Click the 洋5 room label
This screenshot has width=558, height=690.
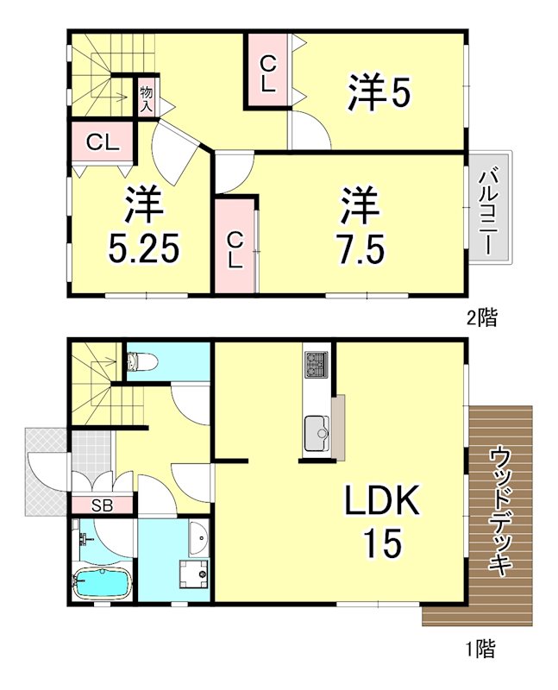click(378, 93)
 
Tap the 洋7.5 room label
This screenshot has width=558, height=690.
click(361, 226)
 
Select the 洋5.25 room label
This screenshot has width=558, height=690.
click(143, 226)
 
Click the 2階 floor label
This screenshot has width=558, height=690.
click(481, 317)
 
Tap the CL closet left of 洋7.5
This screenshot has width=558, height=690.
click(235, 245)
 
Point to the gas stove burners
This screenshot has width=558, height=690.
click(317, 366)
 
